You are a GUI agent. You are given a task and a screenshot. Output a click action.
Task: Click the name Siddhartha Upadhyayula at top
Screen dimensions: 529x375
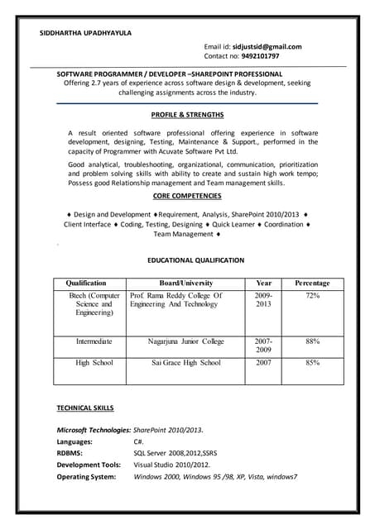pyautogui.click(x=85, y=33)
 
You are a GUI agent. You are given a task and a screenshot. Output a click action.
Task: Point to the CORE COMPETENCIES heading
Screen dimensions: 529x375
pyautogui.click(x=187, y=196)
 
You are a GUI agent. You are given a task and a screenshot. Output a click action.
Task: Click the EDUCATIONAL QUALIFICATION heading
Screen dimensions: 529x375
pyautogui.click(x=195, y=260)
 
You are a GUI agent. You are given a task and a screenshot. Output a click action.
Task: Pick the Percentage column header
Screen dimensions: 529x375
pyautogui.click(x=312, y=282)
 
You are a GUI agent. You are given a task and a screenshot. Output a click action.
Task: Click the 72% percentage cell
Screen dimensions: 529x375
pyautogui.click(x=312, y=295)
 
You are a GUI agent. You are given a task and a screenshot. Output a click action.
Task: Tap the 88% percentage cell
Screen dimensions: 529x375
pyautogui.click(x=312, y=341)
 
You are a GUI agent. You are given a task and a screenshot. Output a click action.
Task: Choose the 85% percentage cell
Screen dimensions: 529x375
pyautogui.click(x=312, y=362)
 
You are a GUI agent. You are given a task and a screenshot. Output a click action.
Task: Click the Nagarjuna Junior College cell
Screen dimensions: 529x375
pyautogui.click(x=186, y=341)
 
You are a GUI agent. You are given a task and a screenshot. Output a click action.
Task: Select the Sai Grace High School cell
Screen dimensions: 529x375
pyautogui.click(x=186, y=362)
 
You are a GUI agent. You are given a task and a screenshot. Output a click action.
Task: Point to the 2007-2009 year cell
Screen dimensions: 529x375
pyautogui.click(x=263, y=346)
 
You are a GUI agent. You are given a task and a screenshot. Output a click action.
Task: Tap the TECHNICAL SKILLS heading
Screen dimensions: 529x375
pyautogui.click(x=85, y=408)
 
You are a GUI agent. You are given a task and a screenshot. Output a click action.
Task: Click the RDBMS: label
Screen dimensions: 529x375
pyautogui.click(x=70, y=453)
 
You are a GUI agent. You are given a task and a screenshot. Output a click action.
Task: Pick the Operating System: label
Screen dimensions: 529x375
pyautogui.click(x=86, y=476)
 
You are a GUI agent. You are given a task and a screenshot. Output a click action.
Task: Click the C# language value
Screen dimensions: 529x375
pyautogui.click(x=139, y=441)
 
